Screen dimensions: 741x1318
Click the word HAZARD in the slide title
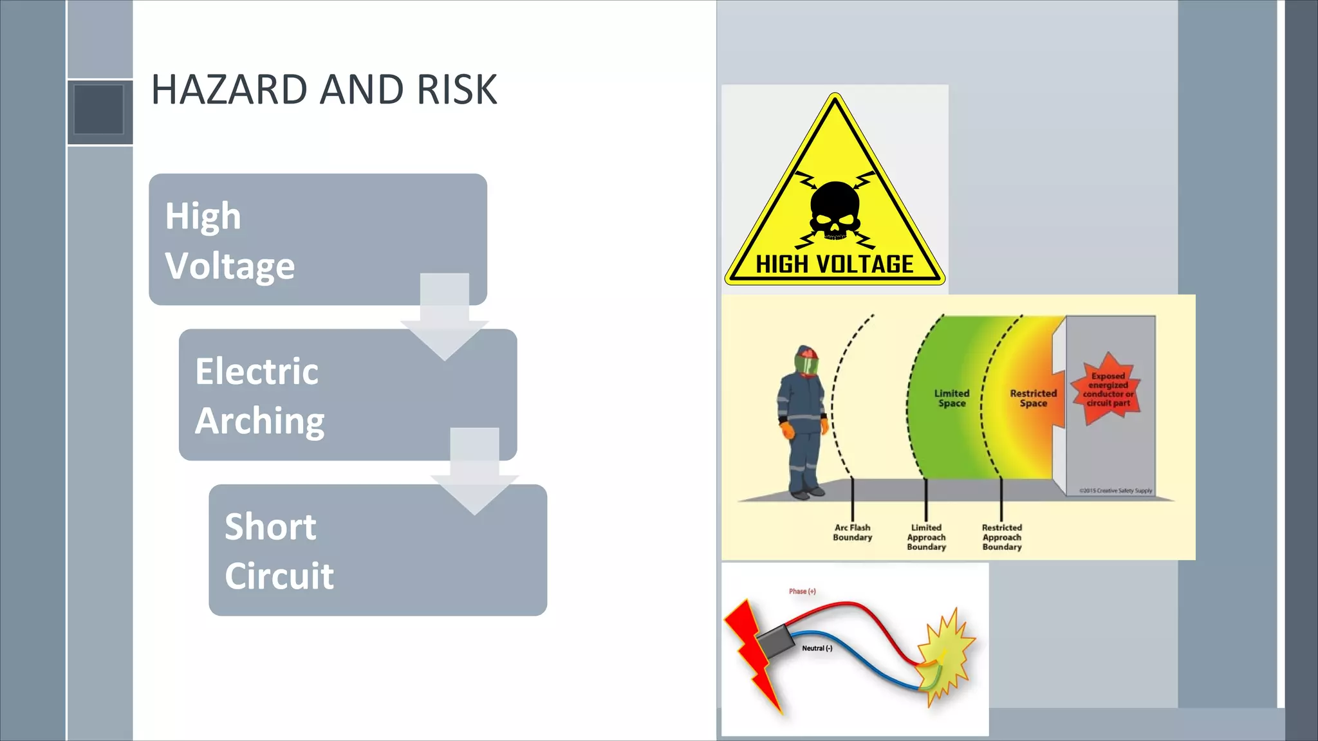229,89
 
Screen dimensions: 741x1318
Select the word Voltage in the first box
230,266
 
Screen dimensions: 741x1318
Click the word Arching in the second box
259,421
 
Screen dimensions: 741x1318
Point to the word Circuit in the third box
279,576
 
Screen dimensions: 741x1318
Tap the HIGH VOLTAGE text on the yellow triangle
835,264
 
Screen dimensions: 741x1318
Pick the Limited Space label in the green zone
952,398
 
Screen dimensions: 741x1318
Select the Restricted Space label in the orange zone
1033,398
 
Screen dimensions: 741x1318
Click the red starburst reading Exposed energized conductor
1107,389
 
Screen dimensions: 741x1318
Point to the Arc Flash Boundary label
852,533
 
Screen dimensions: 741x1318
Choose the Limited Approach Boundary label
926,537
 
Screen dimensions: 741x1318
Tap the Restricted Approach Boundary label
1001,537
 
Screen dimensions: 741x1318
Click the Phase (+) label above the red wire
802,591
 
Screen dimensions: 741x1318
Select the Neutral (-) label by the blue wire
817,648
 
